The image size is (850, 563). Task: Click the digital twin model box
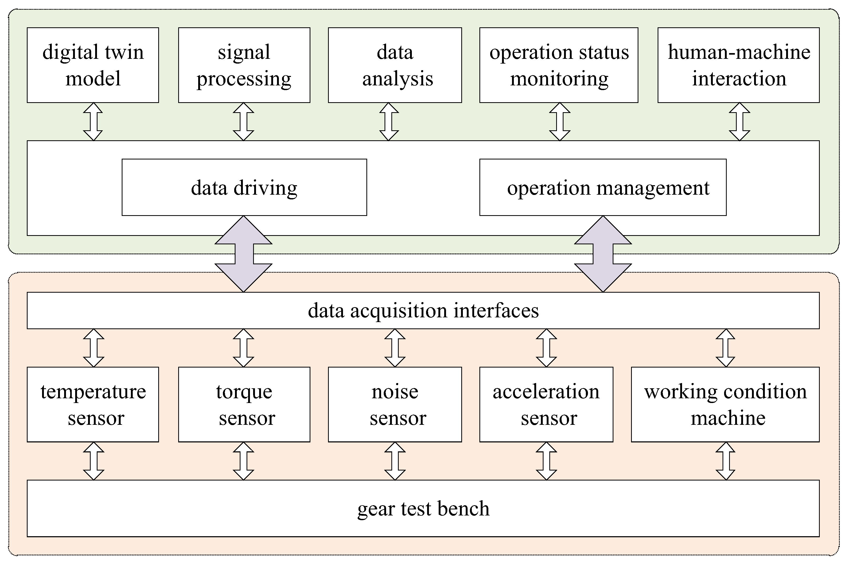tap(93, 65)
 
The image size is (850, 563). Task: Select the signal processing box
tap(244, 65)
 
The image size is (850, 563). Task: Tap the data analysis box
tap(395, 65)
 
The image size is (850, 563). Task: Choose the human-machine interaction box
tap(738, 65)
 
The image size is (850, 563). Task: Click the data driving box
tap(244, 187)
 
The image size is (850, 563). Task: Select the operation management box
tap(603, 187)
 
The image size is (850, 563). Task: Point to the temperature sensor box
tap(93, 404)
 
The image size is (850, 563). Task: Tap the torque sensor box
tap(244, 404)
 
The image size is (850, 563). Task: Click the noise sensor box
tap(395, 404)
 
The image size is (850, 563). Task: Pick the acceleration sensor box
tap(546, 404)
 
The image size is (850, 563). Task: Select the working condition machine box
tap(725, 404)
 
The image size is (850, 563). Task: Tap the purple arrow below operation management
tap(603, 254)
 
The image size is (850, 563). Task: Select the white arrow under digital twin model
tap(93, 122)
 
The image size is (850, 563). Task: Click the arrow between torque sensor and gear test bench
tap(243, 461)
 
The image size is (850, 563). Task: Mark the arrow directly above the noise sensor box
tap(395, 348)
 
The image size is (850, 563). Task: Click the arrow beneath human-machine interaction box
tap(739, 122)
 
